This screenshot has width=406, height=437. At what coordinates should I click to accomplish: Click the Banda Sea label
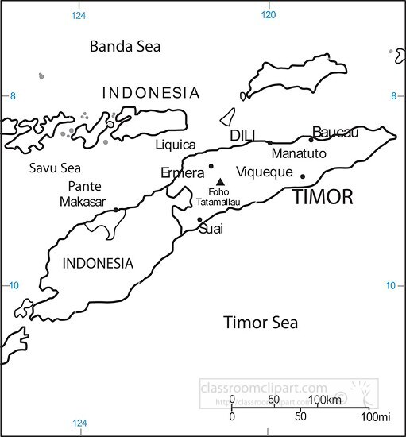tap(125, 47)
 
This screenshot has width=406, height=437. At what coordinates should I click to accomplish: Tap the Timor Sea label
tap(261, 323)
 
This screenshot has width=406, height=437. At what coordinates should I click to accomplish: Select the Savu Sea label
tap(55, 168)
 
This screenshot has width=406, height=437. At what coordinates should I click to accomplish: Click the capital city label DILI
tap(242, 137)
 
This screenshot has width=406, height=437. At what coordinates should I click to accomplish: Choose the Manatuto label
tap(298, 153)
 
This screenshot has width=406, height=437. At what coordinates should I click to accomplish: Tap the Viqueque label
tap(265, 172)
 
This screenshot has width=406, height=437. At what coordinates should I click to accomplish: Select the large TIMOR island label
tap(323, 198)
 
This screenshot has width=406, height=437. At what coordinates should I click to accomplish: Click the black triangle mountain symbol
tap(220, 182)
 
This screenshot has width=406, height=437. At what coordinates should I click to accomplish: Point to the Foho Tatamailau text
tap(218, 197)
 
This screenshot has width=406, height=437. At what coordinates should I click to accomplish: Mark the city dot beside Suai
tap(199, 220)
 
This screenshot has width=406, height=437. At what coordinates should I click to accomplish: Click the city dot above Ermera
tap(211, 167)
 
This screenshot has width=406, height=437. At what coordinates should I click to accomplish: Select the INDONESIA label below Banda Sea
tap(151, 93)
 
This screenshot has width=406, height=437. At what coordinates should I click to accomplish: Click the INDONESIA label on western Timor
tap(98, 264)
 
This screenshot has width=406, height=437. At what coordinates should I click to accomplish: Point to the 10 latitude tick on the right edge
tap(390, 285)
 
